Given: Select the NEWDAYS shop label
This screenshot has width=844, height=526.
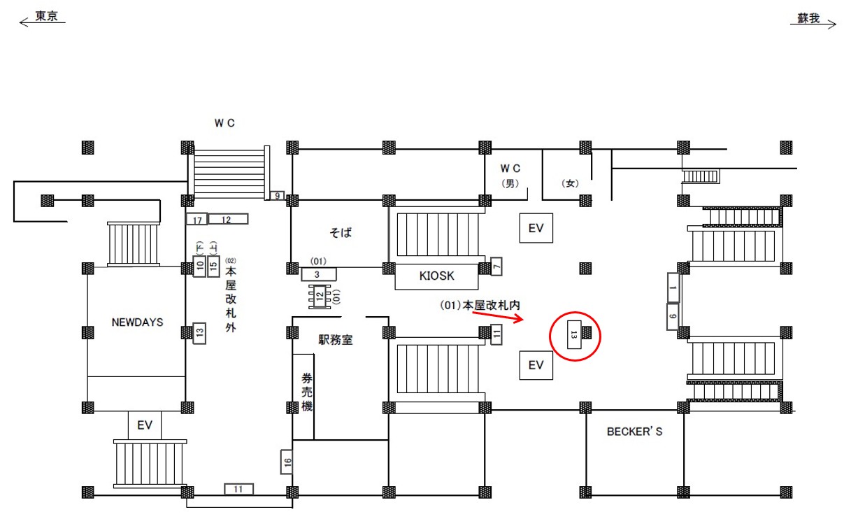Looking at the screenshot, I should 137,322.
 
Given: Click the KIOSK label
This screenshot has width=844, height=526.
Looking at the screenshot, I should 437,276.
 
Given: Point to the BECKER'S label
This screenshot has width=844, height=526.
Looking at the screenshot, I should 634,432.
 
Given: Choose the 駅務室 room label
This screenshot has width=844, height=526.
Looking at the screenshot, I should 336,341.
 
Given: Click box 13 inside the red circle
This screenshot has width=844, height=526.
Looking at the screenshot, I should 573,335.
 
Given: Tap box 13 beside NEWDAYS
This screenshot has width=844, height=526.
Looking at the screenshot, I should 199,334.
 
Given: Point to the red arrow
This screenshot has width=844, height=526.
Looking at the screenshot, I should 497,317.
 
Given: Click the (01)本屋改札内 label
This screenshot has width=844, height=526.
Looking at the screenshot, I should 481,306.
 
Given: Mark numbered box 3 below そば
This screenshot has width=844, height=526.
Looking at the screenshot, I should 318,274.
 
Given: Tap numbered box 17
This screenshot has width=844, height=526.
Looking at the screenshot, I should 196,220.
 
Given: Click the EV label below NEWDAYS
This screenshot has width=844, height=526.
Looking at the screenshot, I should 145,425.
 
